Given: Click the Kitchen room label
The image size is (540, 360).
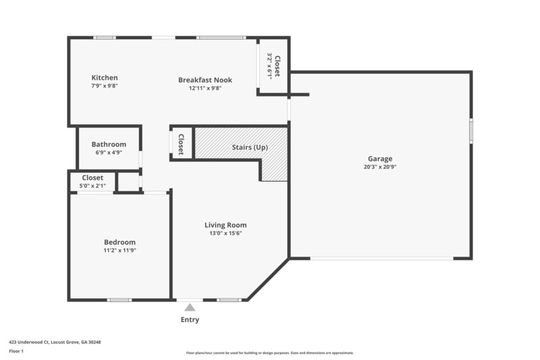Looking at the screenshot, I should (x=105, y=78).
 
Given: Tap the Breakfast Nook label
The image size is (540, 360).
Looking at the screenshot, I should (x=205, y=80).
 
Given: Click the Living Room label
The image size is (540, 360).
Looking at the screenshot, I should (x=225, y=225).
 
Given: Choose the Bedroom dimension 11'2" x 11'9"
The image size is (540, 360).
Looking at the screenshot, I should (x=119, y=251).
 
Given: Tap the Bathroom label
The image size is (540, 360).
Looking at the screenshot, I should (x=109, y=144).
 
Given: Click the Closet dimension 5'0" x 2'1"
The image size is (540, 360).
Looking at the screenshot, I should (x=92, y=186).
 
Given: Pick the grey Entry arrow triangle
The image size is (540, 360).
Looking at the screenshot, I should (x=190, y=307).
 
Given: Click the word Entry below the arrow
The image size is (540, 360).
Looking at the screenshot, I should (x=190, y=319).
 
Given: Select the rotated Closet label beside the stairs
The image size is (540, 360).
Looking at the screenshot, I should (x=181, y=143).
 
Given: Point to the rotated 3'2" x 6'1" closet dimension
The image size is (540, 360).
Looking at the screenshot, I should (x=270, y=67).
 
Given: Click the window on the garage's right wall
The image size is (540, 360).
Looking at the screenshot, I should (x=471, y=128).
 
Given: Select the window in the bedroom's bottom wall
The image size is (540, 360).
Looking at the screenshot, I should (x=119, y=300).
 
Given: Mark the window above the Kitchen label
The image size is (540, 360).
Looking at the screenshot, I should (x=105, y=37).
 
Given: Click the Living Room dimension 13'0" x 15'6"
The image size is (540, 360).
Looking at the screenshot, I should (x=225, y=233).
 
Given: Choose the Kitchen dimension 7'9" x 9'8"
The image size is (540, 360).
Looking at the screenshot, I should (x=105, y=86).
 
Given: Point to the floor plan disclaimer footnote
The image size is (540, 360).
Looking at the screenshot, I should (x=270, y=353).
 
